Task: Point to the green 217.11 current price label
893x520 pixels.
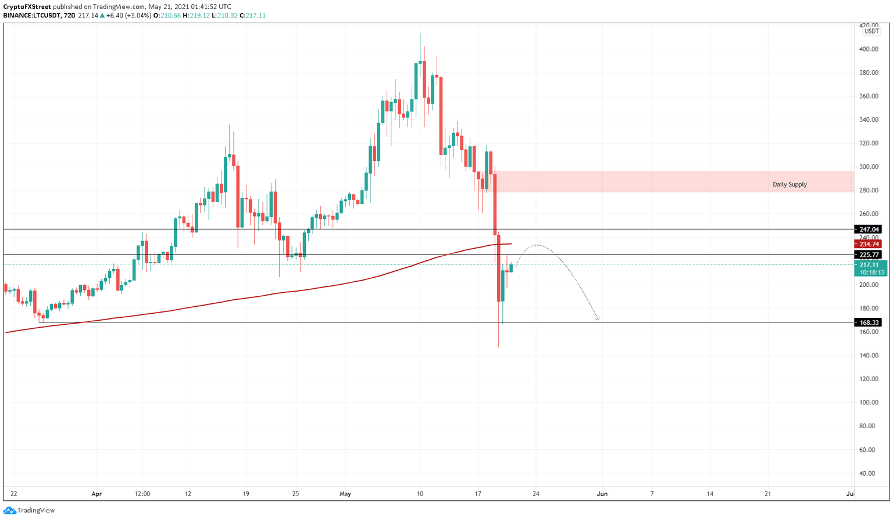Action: point(870,265)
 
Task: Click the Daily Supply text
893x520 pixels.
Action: point(789,184)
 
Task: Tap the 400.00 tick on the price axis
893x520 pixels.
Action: point(869,49)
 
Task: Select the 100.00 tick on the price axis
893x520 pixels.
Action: point(869,403)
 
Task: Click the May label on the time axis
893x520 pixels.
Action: point(345,494)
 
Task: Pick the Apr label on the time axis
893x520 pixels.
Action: point(97,494)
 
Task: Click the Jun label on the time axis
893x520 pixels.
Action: point(602,494)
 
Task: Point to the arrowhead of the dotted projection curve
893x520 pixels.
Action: point(597,318)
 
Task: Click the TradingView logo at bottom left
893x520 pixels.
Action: point(29,510)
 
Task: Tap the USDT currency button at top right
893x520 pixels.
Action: point(871,31)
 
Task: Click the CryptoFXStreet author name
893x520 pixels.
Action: point(27,7)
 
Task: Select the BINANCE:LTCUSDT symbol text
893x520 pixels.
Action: point(31,16)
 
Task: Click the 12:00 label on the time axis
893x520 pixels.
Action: point(142,494)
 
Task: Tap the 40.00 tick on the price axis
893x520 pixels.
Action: point(869,474)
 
